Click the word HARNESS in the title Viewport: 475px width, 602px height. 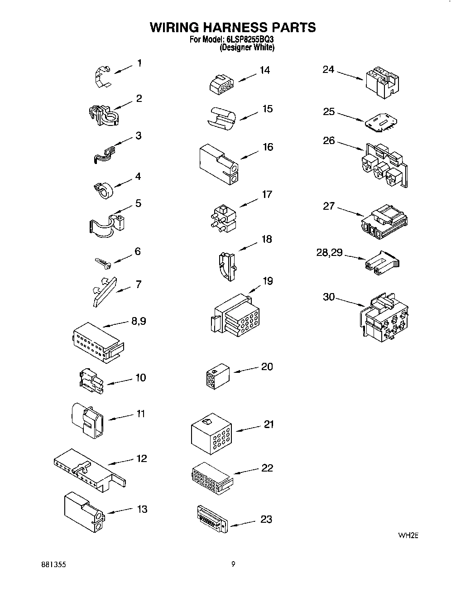(233, 27)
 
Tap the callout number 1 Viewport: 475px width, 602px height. (139, 63)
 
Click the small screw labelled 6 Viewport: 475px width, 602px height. (103, 262)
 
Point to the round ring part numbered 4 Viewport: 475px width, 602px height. (104, 190)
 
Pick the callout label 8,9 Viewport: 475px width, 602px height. (138, 321)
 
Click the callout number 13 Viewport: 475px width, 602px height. (142, 509)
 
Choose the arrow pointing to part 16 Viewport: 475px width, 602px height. (249, 154)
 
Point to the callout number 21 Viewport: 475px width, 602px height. (269, 424)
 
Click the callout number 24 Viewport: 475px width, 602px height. (328, 69)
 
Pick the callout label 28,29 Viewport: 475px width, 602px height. (329, 253)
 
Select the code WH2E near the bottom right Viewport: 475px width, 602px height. (407, 535)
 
